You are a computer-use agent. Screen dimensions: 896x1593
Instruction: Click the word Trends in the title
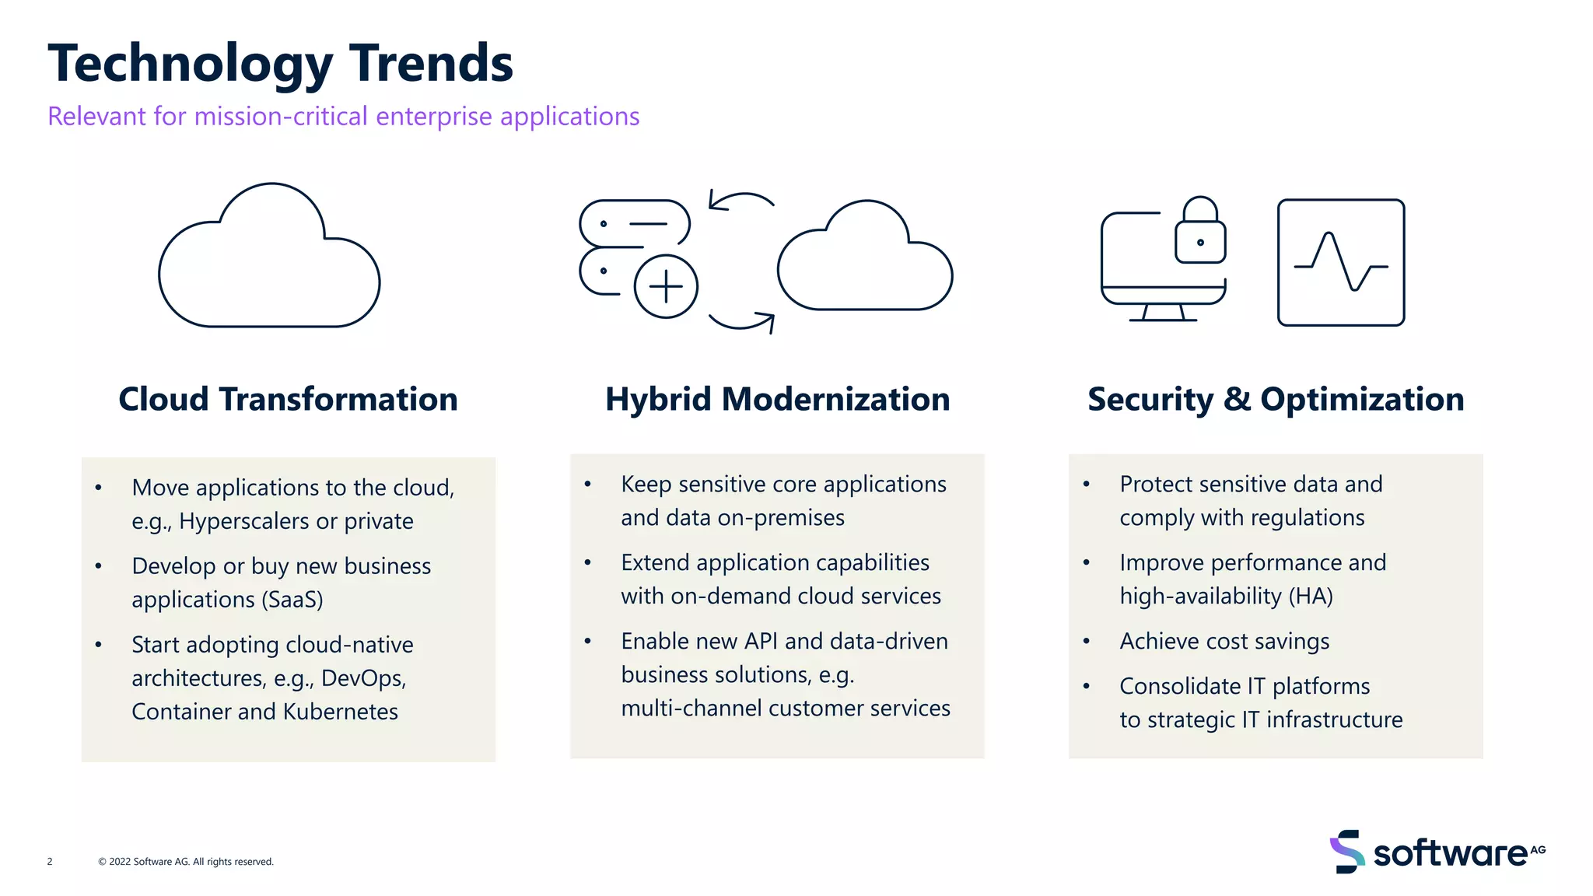pyautogui.click(x=431, y=64)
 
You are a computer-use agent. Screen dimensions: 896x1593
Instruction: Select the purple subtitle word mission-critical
pyautogui.click(x=280, y=117)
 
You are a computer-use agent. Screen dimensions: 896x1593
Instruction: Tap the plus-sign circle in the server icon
pyautogui.click(x=666, y=286)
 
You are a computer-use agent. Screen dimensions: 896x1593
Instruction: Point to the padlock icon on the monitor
pyautogui.click(x=1200, y=232)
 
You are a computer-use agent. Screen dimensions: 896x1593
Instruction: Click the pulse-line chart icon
pyautogui.click(x=1341, y=263)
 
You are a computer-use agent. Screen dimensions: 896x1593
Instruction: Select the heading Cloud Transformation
pyautogui.click(x=288, y=400)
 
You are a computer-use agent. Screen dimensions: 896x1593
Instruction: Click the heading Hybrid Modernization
pyautogui.click(x=777, y=400)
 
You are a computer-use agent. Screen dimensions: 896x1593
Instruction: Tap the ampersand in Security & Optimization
pyautogui.click(x=1237, y=400)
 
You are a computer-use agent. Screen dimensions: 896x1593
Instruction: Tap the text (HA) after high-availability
pyautogui.click(x=1311, y=597)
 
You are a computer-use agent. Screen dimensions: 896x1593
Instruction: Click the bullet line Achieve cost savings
pyautogui.click(x=1224, y=642)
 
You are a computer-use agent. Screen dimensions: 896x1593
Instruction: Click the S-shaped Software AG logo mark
pyautogui.click(x=1347, y=852)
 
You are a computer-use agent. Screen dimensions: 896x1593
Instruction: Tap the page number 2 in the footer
pyautogui.click(x=50, y=862)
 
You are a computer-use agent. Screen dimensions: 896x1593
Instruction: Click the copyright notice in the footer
pyautogui.click(x=186, y=862)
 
